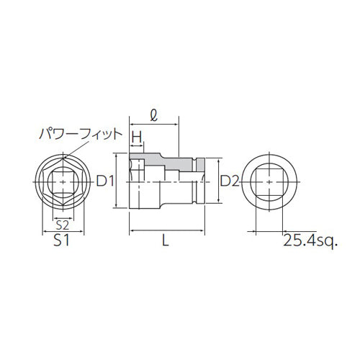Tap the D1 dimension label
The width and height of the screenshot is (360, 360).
coord(107,181)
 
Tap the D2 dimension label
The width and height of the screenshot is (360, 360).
coord(230,181)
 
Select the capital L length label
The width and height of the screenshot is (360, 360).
coord(166,243)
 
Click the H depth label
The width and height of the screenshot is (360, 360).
coord(136,136)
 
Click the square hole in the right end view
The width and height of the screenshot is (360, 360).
coord(270,182)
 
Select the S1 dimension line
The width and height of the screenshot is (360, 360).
coord(61,231)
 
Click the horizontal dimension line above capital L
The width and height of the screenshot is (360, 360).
coord(166,231)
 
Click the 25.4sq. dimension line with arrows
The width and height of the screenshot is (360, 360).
coord(270,231)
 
